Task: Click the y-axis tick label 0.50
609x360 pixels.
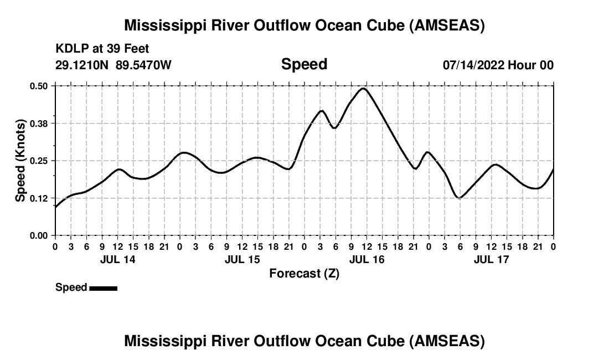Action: (x=39, y=86)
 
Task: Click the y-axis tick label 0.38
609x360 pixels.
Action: (x=39, y=123)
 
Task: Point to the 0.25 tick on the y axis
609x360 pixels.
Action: (x=39, y=161)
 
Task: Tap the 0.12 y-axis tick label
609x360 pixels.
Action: (x=39, y=198)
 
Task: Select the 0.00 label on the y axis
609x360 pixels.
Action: (x=39, y=235)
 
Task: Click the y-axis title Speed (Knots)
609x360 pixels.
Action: (x=20, y=160)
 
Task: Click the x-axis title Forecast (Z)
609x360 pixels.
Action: (x=304, y=273)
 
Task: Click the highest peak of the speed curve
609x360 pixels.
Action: (x=363, y=88)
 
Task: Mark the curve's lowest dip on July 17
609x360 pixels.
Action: (x=458, y=198)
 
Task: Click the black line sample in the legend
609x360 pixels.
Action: (x=103, y=288)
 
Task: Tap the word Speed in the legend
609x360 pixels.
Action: (x=71, y=287)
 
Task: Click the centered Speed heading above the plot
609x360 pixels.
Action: (x=304, y=64)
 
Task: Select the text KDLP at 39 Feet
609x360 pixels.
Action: (x=102, y=49)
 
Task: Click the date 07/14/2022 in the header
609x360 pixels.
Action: (x=473, y=65)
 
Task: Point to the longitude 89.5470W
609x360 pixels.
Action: (x=143, y=65)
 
